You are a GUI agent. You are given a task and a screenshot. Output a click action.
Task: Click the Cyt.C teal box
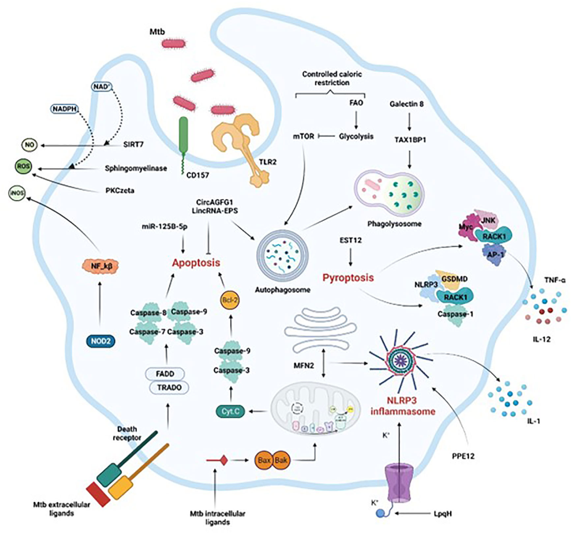tap(230, 412)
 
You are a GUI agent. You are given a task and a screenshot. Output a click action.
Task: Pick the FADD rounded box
tap(166, 374)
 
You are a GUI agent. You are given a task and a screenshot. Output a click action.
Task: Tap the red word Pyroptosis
tap(348, 278)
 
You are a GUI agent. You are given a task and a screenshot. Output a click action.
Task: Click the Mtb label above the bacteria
tap(157, 32)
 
